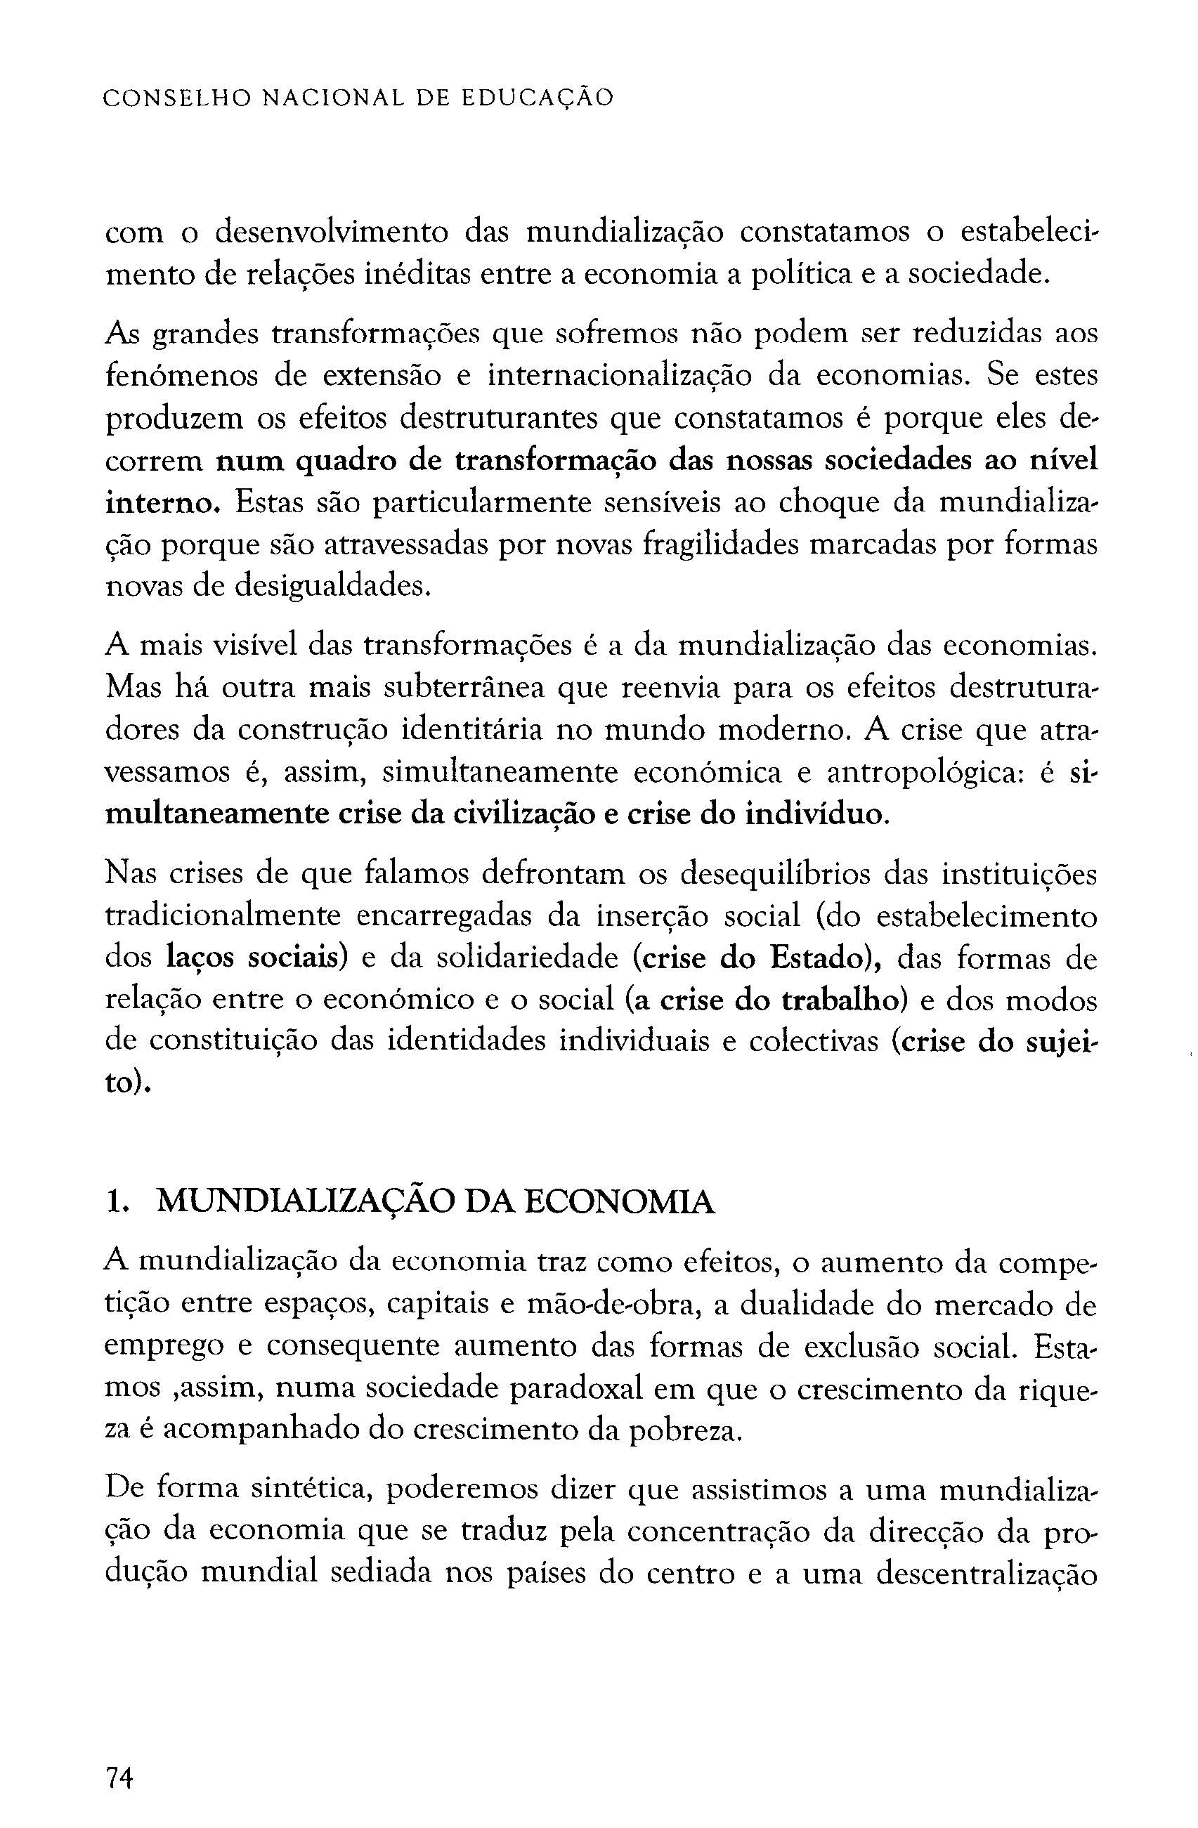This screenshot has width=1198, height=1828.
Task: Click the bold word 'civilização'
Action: point(512,814)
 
